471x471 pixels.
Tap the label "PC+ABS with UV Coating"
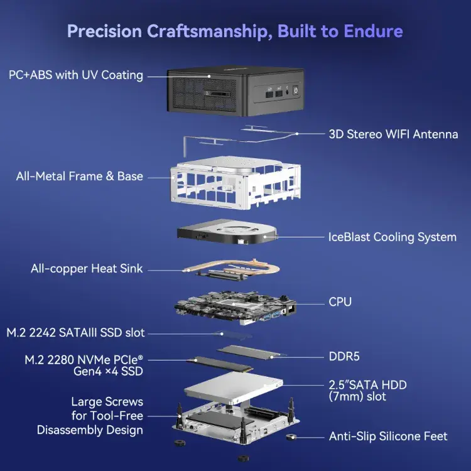click(x=76, y=75)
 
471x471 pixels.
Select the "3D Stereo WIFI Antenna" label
click(x=393, y=134)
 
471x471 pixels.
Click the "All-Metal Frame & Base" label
click(x=80, y=176)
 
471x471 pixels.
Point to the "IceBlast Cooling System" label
click(x=392, y=237)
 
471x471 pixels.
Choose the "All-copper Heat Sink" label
click(x=87, y=269)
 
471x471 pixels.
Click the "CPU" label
click(x=340, y=302)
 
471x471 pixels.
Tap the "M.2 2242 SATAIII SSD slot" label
click(x=75, y=332)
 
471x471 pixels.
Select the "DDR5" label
click(x=345, y=357)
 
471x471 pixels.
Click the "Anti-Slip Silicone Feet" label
click(x=388, y=436)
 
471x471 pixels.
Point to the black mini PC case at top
click(x=235, y=93)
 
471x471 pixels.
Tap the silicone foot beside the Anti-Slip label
click(x=291, y=437)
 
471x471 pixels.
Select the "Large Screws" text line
click(x=107, y=402)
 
